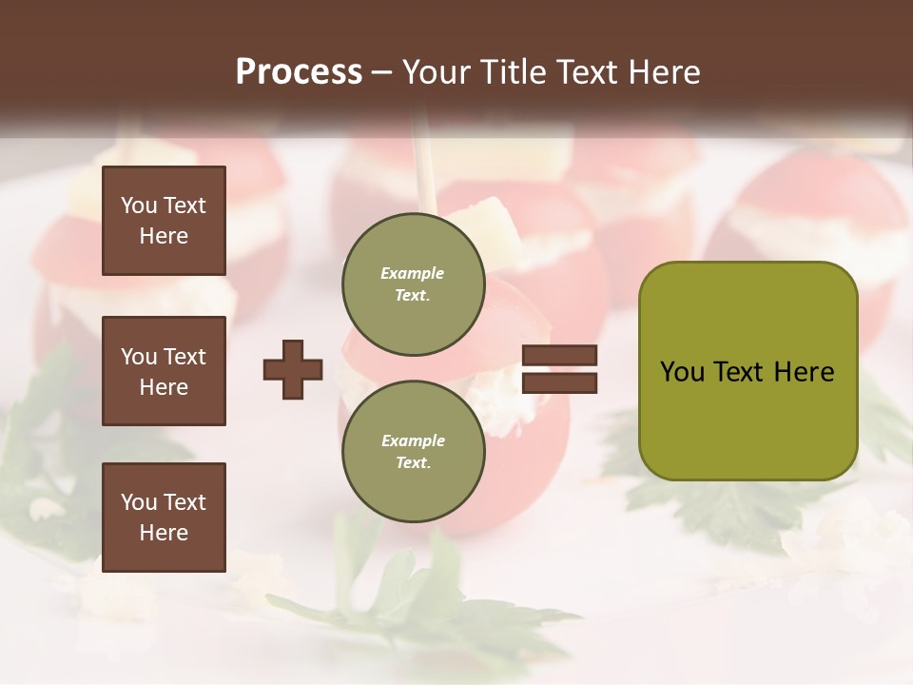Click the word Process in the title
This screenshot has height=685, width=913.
tap(299, 72)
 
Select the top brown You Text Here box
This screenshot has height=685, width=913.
tap(164, 221)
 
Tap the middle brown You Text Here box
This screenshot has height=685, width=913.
tap(164, 371)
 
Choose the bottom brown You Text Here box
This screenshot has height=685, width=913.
tap(164, 518)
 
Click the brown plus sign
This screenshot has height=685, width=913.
tap(293, 369)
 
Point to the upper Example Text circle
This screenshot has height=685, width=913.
tap(413, 284)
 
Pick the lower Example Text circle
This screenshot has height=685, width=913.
tap(413, 451)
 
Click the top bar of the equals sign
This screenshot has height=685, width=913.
tap(560, 356)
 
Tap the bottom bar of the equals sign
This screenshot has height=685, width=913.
tap(560, 382)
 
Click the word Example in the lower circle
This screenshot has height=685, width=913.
tap(413, 440)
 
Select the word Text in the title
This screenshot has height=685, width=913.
tap(585, 72)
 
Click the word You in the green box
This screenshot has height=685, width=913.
tap(683, 372)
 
